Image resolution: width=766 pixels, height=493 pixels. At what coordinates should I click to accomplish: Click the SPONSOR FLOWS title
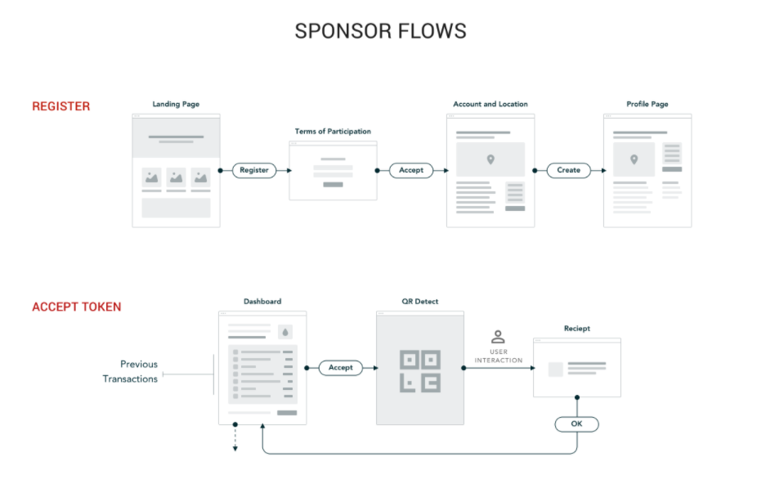(380, 31)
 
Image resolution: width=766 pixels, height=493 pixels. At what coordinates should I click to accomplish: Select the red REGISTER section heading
(61, 106)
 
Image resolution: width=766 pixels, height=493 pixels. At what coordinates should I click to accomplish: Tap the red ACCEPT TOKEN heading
(77, 307)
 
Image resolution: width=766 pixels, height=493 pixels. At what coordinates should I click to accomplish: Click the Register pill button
(254, 170)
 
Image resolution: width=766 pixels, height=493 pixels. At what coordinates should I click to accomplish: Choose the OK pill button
(576, 424)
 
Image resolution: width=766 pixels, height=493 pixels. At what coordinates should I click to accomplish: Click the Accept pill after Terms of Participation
(411, 170)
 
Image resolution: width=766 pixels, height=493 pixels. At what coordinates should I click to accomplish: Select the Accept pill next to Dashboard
(340, 368)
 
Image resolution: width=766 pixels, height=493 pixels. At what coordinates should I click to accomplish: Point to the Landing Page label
(176, 105)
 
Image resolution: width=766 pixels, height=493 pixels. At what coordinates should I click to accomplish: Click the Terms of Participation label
(333, 132)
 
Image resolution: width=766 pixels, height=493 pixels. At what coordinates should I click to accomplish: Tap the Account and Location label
(491, 105)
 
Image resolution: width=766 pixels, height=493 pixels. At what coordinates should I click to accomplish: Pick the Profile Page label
(647, 105)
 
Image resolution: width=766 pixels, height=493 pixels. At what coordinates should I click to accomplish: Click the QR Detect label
(419, 302)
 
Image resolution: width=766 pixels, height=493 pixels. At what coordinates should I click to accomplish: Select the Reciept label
(576, 329)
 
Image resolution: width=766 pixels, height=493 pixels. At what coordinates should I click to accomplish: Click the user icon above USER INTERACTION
(498, 337)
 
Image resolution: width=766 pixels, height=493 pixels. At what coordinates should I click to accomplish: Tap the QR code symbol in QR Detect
(419, 370)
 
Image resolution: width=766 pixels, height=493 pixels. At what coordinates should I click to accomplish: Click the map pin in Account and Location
(491, 159)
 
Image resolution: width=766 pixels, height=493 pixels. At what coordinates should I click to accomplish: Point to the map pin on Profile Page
(634, 159)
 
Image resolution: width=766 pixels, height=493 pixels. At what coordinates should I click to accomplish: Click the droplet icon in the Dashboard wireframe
(284, 332)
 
